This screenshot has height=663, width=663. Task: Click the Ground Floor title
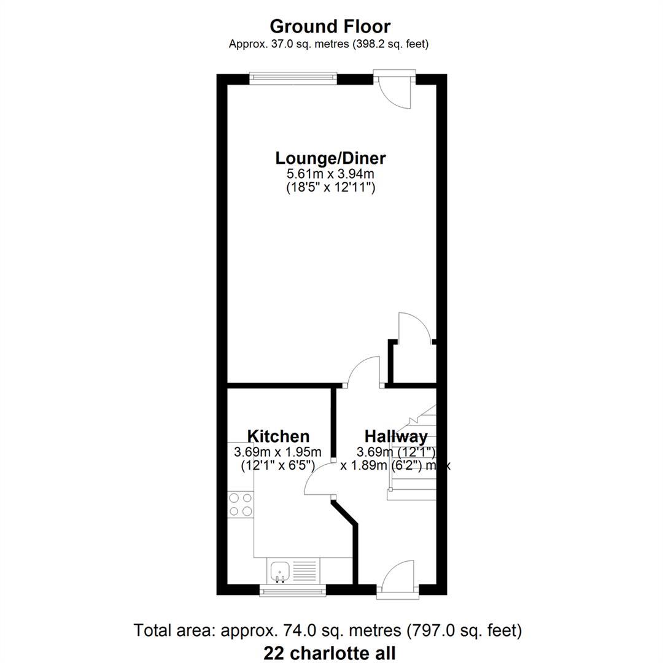[x=330, y=26]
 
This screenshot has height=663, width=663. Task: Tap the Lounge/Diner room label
[x=330, y=158]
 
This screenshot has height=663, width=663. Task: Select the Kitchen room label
[x=278, y=436]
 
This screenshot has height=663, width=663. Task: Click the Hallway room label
[x=396, y=436]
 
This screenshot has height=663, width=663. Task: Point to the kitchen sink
[x=280, y=571]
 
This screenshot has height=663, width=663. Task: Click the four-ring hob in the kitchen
[x=241, y=505]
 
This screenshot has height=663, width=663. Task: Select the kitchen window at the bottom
[x=293, y=591]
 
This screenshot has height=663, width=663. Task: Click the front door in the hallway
[x=397, y=580]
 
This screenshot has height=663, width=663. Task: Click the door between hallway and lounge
[x=363, y=371]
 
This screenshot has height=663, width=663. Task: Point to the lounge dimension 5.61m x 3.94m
[x=330, y=174]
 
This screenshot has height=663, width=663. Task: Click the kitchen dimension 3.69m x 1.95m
[x=278, y=452]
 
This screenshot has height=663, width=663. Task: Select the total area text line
[x=328, y=630]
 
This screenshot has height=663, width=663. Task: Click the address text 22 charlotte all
[x=330, y=653]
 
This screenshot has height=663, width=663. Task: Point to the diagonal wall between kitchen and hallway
[x=344, y=513]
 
